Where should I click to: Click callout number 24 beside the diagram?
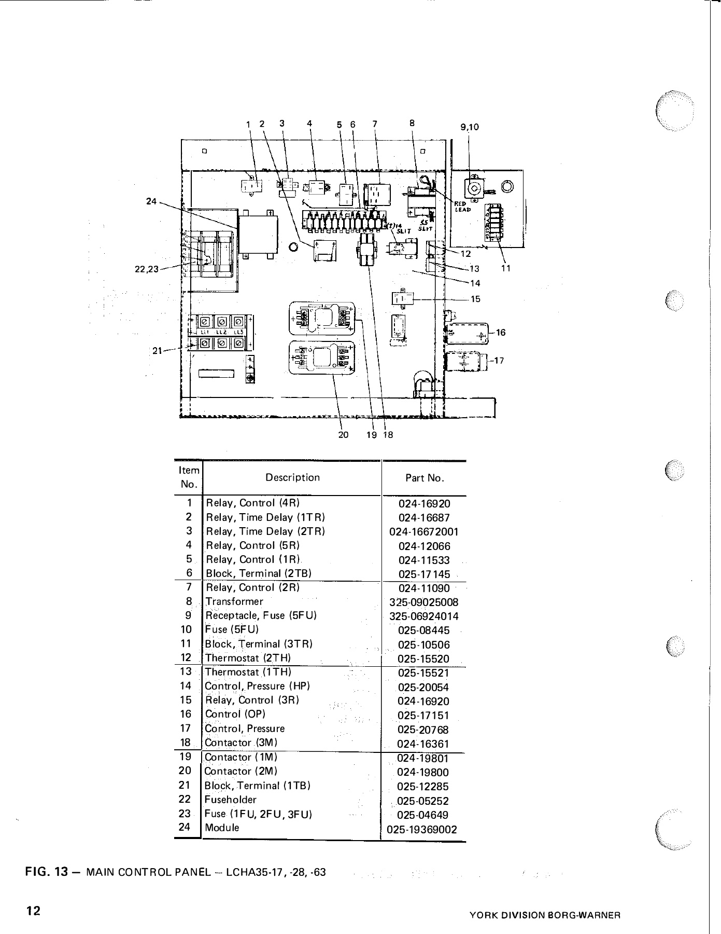coord(151,201)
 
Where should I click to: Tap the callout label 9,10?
coord(469,126)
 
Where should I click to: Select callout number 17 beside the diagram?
coord(499,360)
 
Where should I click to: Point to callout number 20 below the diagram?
coord(343,435)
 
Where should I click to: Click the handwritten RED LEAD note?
coord(462,207)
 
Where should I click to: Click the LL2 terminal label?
coord(222,332)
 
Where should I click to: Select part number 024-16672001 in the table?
coord(423,532)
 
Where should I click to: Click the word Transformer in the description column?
coord(234,601)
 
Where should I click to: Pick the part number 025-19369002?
coord(422,830)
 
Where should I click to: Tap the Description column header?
coord(292,477)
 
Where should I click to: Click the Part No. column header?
coord(425,478)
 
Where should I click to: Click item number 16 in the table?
coord(186,714)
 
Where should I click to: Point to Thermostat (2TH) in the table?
coord(248,658)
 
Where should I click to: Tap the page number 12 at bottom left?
coord(34,911)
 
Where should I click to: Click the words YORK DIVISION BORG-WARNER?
coord(544,916)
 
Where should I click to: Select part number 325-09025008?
coord(423,602)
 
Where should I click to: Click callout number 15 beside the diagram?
coord(475,299)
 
